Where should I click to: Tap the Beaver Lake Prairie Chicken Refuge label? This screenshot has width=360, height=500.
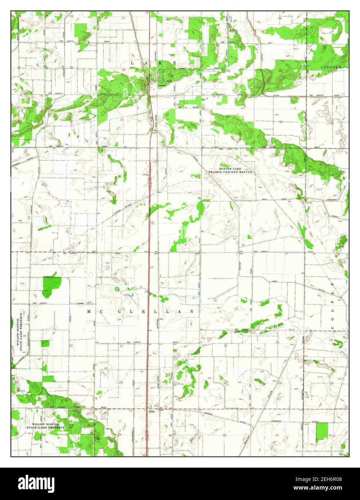click(x=231, y=170)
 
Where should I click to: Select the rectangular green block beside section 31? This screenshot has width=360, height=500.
click(x=322, y=432)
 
